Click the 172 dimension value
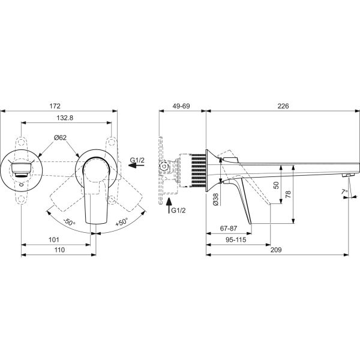[55, 106]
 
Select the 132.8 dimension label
[65, 118]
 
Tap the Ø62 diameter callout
[60, 137]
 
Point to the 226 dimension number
[283, 106]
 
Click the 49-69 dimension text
[181, 106]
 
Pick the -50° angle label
[70, 222]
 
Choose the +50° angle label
[121, 222]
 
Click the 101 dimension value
[54, 239]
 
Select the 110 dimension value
[59, 250]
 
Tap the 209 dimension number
[276, 250]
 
